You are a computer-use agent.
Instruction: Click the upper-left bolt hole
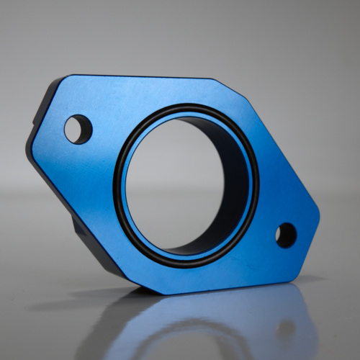pos(78,129)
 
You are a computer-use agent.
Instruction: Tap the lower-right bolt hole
pos(286,235)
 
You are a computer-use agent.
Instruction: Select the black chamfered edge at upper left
pos(43,108)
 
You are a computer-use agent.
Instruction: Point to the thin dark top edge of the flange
pos(144,76)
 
